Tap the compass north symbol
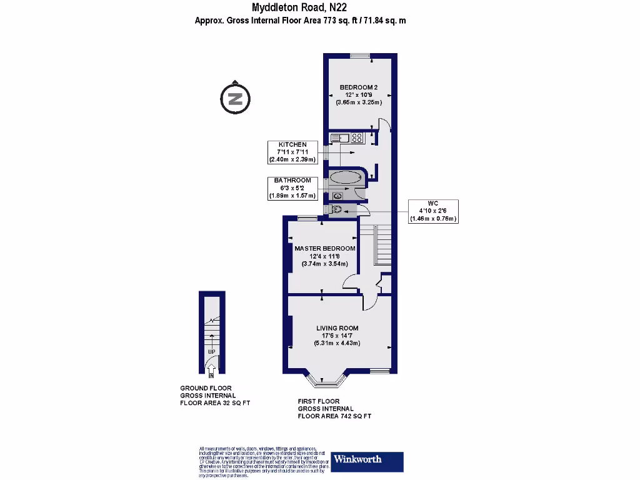pyautogui.click(x=235, y=98)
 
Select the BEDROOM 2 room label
pyautogui.click(x=359, y=87)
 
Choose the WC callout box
pyautogui.click(x=433, y=211)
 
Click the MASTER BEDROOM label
pyautogui.click(x=324, y=248)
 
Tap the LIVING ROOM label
pyautogui.click(x=337, y=328)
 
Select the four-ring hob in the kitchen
pyautogui.click(x=358, y=138)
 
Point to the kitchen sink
pyautogui.click(x=339, y=138)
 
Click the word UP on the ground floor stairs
pyautogui.click(x=211, y=352)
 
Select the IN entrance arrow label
pyautogui.click(x=211, y=376)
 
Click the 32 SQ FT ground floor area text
pyautogui.click(x=214, y=402)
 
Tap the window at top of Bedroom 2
pyautogui.click(x=360, y=56)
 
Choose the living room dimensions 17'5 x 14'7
pyautogui.click(x=337, y=336)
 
